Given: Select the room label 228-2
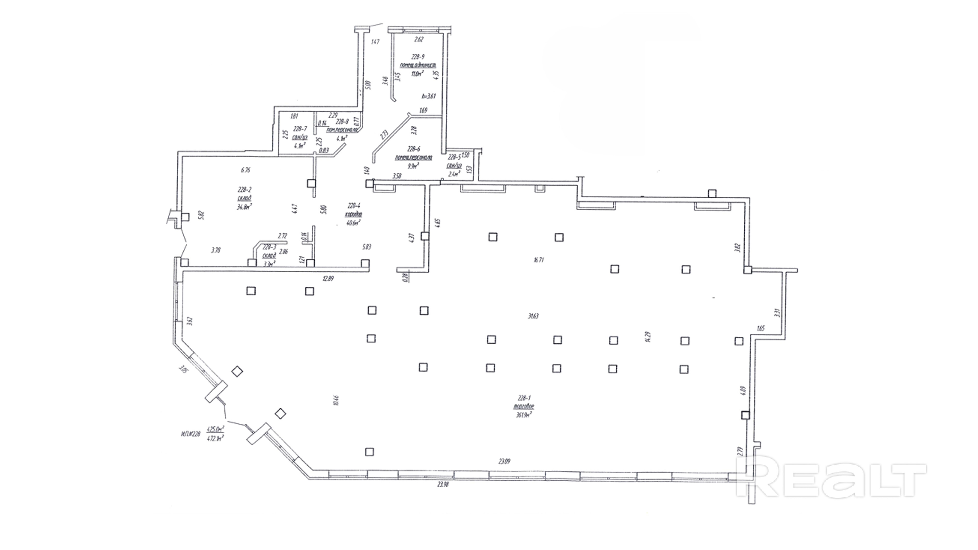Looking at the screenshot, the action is tap(245, 190).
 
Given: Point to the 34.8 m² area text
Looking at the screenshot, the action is tap(245, 207).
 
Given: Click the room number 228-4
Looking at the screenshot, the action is tap(354, 206).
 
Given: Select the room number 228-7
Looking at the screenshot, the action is tap(300, 128).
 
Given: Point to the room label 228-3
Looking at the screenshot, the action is tap(269, 247).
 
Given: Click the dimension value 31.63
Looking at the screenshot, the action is tap(533, 316).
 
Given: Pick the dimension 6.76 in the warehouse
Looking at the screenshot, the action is tap(246, 170).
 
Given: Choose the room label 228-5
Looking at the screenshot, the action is tap(454, 157).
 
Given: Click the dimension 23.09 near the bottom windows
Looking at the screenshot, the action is tap(504, 461).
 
